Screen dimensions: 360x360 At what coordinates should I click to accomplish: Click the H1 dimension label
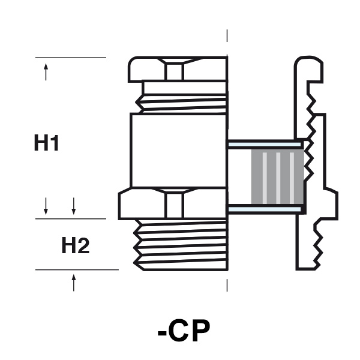click(46, 143)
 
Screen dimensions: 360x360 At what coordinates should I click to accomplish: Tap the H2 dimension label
click(76, 245)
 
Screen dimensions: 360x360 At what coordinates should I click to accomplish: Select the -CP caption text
click(184, 331)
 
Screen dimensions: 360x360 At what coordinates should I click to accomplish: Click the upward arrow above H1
click(46, 72)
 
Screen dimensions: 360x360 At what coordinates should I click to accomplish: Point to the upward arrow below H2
click(74, 283)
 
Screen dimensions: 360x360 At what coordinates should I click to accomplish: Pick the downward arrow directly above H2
click(74, 206)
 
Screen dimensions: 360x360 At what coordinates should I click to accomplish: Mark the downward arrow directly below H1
click(46, 206)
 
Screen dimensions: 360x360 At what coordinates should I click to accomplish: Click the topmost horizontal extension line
click(71, 58)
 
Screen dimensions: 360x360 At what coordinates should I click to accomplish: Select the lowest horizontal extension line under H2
click(77, 270)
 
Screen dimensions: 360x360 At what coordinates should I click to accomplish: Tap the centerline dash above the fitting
click(227, 36)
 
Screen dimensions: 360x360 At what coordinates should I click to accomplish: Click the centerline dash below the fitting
click(227, 286)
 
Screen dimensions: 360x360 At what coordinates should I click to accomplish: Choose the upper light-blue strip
click(265, 145)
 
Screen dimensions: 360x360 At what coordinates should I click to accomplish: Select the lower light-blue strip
click(265, 209)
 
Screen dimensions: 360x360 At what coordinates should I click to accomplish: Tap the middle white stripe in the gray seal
click(278, 178)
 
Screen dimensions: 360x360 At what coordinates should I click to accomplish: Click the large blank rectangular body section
click(178, 151)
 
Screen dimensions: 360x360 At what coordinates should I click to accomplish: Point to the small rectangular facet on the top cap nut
click(175, 72)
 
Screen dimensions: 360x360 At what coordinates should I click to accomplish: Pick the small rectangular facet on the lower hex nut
click(175, 205)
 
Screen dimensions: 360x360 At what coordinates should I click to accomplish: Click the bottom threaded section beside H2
click(181, 245)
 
